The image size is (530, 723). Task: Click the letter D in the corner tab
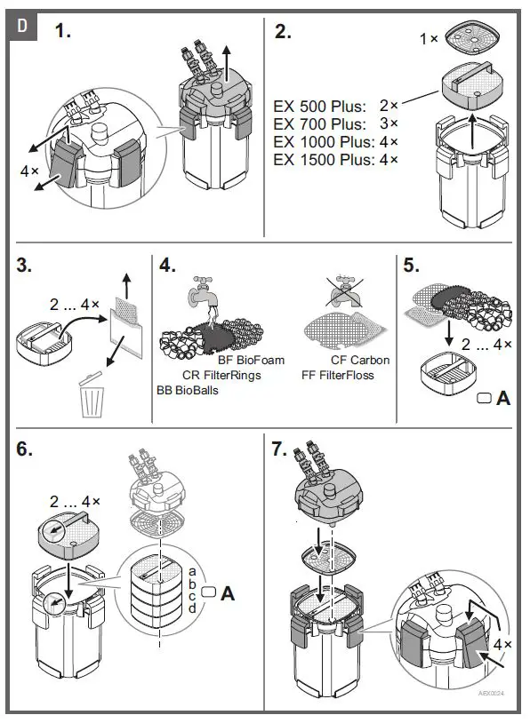(22, 26)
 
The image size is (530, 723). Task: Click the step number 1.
(63, 31)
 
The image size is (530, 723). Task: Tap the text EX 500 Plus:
(319, 107)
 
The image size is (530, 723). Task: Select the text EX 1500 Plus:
(324, 160)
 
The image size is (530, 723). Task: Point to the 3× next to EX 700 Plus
(389, 123)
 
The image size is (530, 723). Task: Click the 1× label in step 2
(429, 39)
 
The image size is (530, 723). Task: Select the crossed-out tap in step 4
(344, 291)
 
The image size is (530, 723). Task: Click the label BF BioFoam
(251, 360)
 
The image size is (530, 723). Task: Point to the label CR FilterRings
(221, 376)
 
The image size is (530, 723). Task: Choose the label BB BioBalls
(188, 391)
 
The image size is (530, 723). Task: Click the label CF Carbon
(360, 360)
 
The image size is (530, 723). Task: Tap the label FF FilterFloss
(338, 376)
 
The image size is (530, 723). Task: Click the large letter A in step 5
(503, 399)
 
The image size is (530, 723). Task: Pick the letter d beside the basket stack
(192, 608)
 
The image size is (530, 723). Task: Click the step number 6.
(25, 449)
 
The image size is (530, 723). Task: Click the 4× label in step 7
(502, 644)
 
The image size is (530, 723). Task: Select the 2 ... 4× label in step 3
(75, 305)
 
